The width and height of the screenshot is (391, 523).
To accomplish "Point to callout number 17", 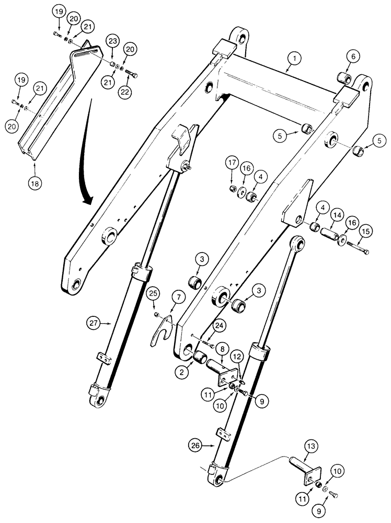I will tap(232, 163).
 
